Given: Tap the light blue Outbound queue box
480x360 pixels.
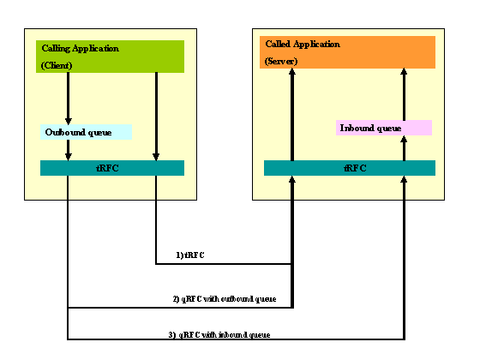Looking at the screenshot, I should coord(86,132).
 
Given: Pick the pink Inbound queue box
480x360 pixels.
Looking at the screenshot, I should coord(383,128).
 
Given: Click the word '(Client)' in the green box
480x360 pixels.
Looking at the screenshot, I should coord(57,65).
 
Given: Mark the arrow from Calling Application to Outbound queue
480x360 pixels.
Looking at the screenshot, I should coord(69,99).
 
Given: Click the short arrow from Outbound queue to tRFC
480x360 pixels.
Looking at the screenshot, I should coord(69,150).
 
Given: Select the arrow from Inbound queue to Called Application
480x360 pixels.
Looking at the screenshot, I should coord(404,94).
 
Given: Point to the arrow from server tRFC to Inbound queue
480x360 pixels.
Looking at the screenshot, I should coord(404,147).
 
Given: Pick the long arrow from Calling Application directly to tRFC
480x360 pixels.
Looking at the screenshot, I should coord(155,116).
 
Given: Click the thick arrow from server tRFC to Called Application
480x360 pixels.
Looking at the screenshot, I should coord(292,116).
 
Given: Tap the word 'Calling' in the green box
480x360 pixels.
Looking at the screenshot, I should coord(56,48).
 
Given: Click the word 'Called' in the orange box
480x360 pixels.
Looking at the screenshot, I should coord(278,43).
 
